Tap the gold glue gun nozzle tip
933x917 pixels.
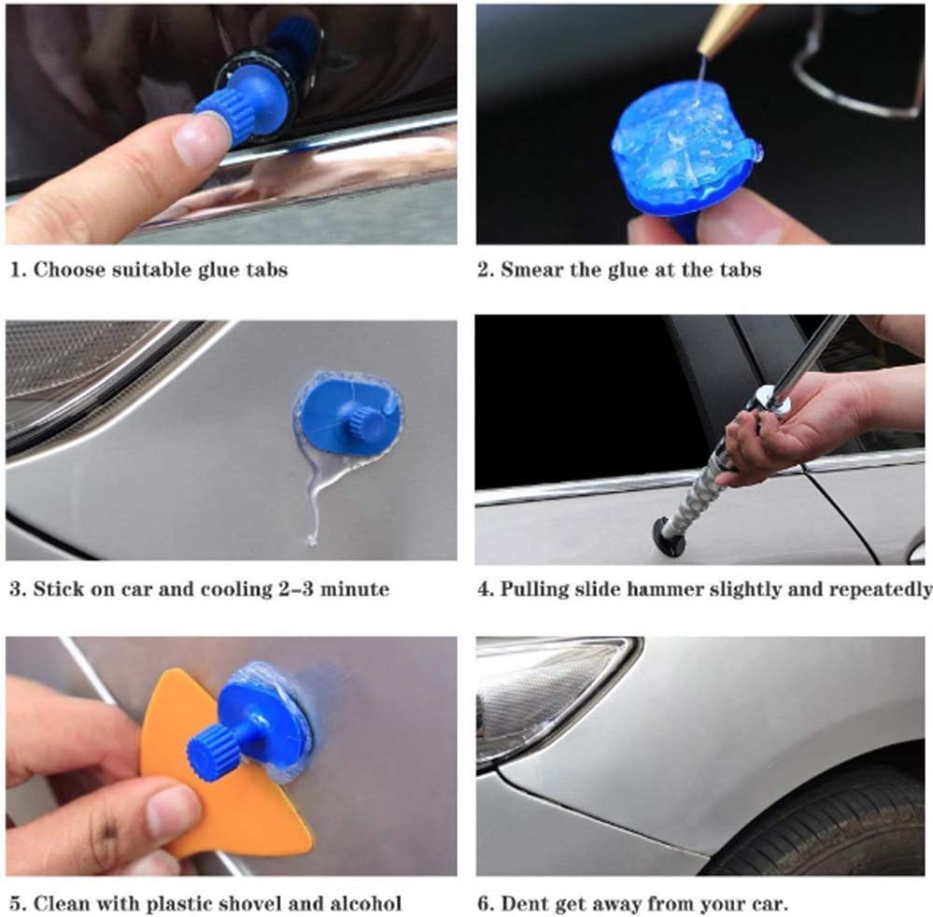pyautogui.click(x=723, y=27)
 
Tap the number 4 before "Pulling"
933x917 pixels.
pyautogui.click(x=483, y=589)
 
